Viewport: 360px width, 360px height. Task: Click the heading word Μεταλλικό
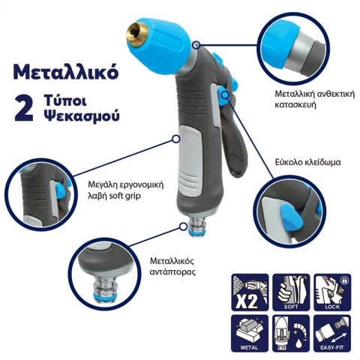click(x=61, y=73)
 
